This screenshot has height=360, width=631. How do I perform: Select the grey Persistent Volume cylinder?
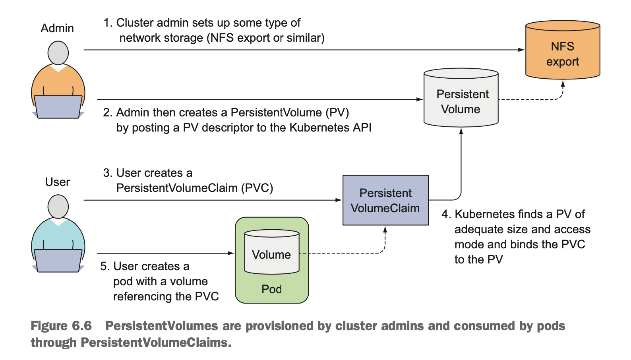pyautogui.click(x=461, y=99)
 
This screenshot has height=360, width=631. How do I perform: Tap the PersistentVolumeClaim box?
pyautogui.click(x=385, y=200)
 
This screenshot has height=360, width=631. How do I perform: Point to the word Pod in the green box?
pyautogui.click(x=272, y=289)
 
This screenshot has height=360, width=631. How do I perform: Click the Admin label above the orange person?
pyautogui.click(x=57, y=28)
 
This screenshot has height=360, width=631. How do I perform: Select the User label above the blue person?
pyautogui.click(x=57, y=182)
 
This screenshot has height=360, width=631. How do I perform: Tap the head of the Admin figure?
pyautogui.click(x=58, y=52)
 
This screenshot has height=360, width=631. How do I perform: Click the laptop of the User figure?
pyautogui.click(x=58, y=260)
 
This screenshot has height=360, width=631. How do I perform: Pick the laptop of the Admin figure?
pyautogui.click(x=58, y=106)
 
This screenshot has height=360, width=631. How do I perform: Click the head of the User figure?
pyautogui.click(x=58, y=206)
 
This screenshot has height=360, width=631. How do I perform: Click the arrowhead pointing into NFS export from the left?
pyautogui.click(x=521, y=50)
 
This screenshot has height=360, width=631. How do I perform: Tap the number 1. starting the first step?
pyautogui.click(x=108, y=23)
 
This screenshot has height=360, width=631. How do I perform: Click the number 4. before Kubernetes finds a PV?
pyautogui.click(x=446, y=215)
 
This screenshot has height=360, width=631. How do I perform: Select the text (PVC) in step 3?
pyautogui.click(x=257, y=188)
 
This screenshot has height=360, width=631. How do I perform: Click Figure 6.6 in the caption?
pyautogui.click(x=61, y=326)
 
